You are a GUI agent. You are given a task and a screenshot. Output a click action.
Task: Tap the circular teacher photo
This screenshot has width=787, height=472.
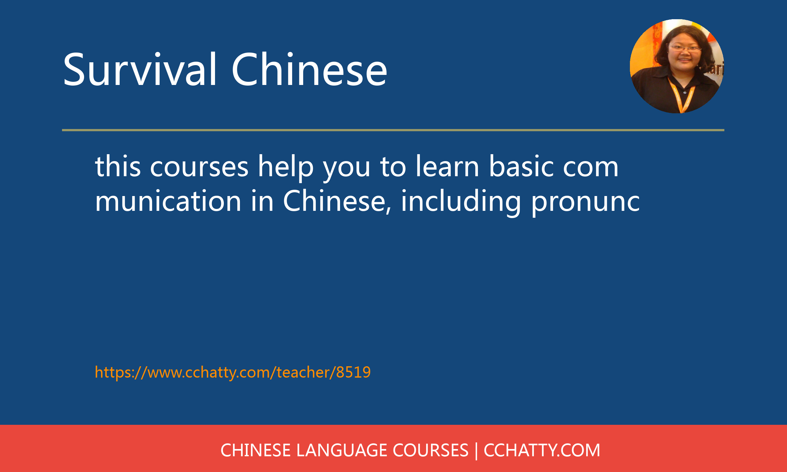coord(677,66)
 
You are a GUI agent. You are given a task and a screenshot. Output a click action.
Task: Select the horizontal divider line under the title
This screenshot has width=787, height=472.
coord(393,130)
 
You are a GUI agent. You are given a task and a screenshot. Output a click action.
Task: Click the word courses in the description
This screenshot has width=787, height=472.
coord(199,167)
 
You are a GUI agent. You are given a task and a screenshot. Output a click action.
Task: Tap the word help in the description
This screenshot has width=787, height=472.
coord(285,167)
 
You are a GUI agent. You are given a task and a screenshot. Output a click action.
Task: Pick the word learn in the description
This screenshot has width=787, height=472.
coord(447,167)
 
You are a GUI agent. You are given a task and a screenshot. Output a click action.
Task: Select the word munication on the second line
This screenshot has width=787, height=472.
coord(168,201)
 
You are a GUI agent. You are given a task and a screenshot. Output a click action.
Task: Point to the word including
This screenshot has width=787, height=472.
coord(461,201)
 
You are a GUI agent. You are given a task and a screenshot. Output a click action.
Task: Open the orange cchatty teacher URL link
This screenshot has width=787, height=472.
coord(233,372)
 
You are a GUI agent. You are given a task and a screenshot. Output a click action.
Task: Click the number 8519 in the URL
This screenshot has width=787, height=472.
coord(353,372)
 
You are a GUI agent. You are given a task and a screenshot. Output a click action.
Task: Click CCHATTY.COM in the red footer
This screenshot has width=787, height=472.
coord(542,450)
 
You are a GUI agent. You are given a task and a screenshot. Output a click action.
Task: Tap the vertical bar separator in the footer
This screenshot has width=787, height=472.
coord(476,450)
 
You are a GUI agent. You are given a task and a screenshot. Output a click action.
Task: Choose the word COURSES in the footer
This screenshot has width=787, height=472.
coord(430,450)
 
